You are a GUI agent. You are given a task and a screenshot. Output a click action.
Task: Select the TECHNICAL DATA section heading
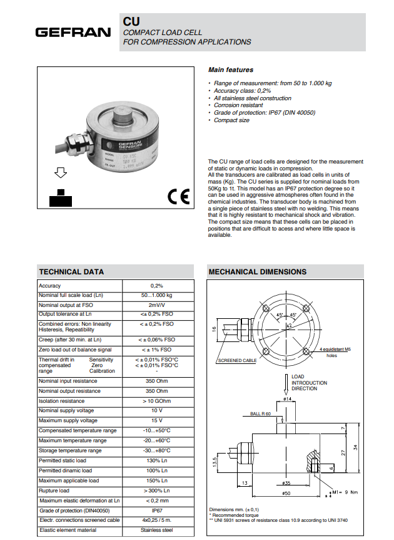pyautogui.click(x=72, y=272)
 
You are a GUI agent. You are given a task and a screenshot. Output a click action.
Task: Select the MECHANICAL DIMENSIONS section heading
pyautogui.click(x=258, y=272)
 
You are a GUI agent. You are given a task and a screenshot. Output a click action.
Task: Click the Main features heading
pyautogui.click(x=231, y=70)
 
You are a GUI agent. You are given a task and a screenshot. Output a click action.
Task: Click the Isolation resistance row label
pyautogui.click(x=61, y=401)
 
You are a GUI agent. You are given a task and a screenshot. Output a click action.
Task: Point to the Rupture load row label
pyautogui.click(x=54, y=491)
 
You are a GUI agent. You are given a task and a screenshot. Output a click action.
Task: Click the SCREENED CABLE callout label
pyautogui.click(x=237, y=361)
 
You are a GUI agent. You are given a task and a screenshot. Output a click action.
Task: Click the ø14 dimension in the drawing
pyautogui.click(x=288, y=398)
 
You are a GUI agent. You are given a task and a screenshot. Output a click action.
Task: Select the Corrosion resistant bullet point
pyautogui.click(x=238, y=105)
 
